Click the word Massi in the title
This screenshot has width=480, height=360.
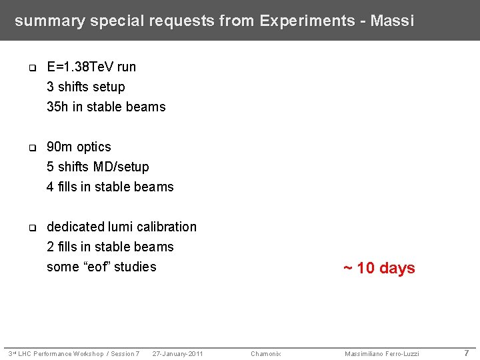392,21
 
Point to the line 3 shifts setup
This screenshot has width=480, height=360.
86,87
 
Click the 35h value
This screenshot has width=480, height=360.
57,107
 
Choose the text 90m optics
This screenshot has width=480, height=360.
79,147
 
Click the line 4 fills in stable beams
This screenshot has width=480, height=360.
110,187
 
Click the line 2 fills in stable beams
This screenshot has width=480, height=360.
110,247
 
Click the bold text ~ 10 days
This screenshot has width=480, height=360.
379,268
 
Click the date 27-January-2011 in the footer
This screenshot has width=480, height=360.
177,353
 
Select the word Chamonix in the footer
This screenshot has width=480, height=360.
265,353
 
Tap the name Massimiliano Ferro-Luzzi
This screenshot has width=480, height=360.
382,353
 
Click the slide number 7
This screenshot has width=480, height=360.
467,353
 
